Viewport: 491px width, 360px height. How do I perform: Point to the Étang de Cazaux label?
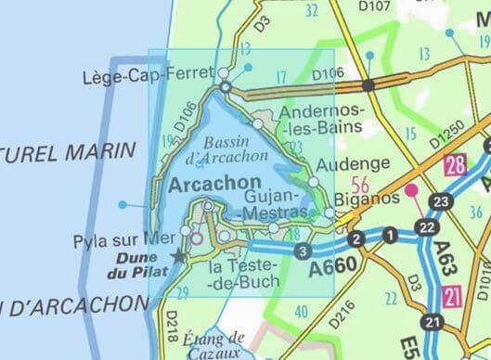coord(214,344)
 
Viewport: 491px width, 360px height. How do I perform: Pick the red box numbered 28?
coord(455,166)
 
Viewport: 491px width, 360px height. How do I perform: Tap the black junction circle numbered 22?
coord(426,226)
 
